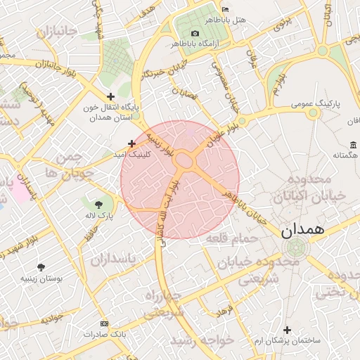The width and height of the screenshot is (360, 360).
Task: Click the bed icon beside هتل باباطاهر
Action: coord(224,8)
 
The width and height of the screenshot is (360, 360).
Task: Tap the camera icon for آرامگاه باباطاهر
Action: coord(195,34)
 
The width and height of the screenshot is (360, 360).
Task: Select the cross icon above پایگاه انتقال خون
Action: coord(110,96)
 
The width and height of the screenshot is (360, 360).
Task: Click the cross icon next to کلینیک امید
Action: coord(131,143)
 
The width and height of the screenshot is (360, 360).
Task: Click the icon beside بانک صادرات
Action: coord(105,323)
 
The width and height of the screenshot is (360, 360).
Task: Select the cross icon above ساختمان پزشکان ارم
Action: coord(287,330)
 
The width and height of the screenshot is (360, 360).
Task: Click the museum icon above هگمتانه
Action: coord(352,145)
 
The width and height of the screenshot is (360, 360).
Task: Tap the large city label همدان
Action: coord(302,231)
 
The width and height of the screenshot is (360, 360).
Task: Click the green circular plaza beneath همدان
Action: coord(297,247)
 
